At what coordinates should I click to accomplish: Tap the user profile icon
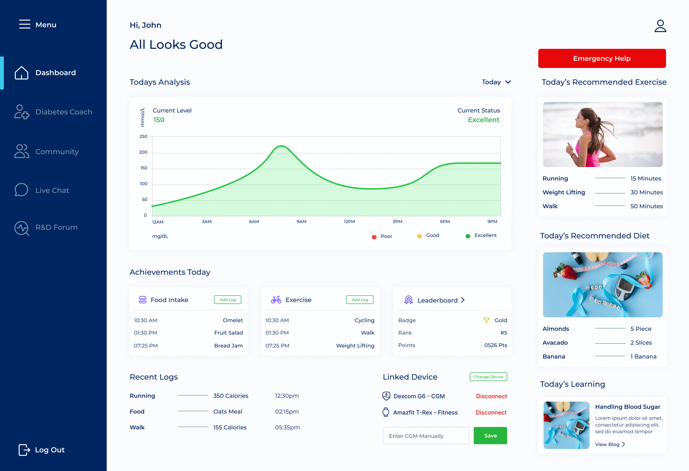(x=660, y=26)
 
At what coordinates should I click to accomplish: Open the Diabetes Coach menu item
(x=63, y=112)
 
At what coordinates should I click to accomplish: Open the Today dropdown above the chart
(x=496, y=82)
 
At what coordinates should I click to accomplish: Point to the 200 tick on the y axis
(x=143, y=152)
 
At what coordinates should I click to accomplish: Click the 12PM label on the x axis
(x=349, y=222)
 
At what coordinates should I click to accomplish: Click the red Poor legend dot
(x=374, y=237)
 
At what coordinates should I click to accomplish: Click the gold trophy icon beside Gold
(x=486, y=320)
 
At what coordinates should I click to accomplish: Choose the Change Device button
(x=488, y=377)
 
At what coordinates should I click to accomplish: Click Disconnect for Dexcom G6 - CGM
(x=491, y=396)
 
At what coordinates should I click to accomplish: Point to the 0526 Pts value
(x=495, y=345)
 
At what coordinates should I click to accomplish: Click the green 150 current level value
(x=159, y=120)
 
